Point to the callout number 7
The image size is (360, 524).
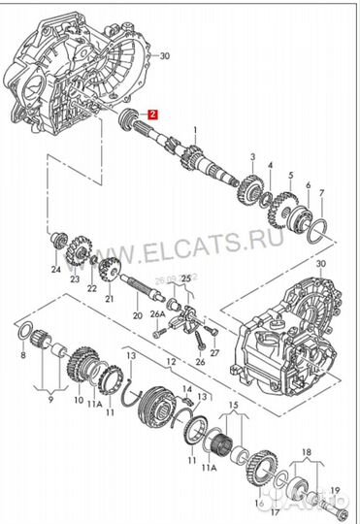point(322,192)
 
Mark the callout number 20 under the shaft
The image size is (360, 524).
point(136,315)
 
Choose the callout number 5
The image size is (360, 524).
point(290,175)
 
